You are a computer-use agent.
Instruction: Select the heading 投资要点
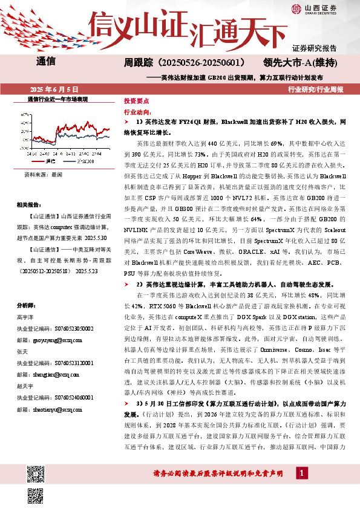[x=137, y=102]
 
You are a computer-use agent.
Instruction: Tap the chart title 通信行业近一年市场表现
[x=58, y=98]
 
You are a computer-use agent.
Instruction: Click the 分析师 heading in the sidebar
[x=27, y=305]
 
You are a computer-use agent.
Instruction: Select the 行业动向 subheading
[x=137, y=112]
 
